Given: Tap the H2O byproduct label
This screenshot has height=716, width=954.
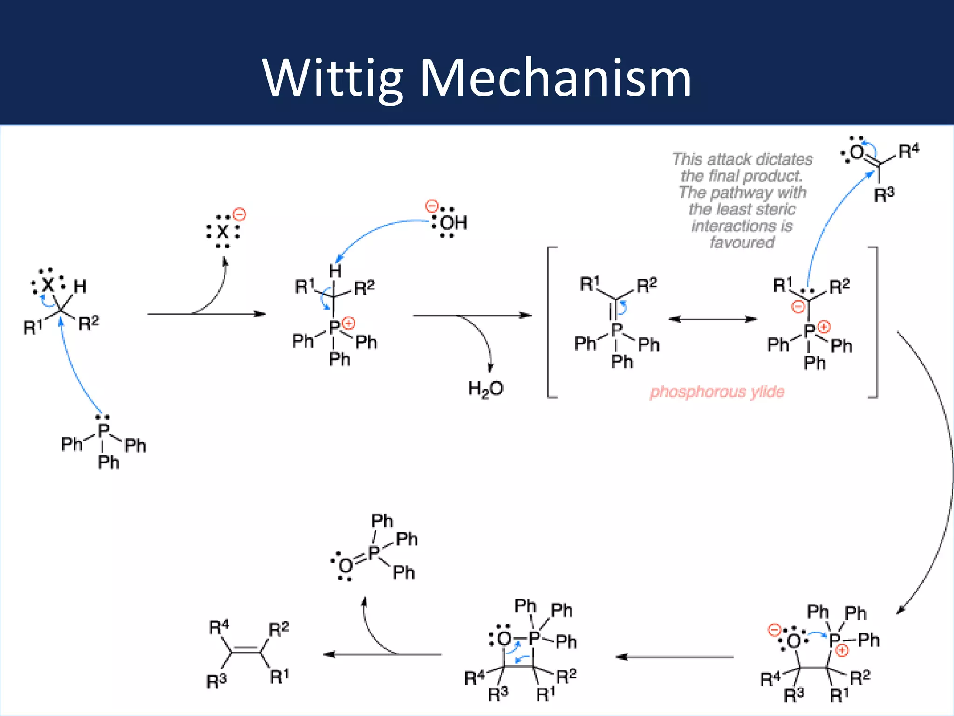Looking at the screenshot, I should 485,388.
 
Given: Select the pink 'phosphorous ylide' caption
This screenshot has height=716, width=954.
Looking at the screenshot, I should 717,392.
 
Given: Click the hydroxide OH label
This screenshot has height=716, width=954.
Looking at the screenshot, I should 453,223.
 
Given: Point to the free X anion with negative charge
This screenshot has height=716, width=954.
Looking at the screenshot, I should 223,231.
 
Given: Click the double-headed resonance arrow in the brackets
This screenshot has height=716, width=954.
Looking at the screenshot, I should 713,319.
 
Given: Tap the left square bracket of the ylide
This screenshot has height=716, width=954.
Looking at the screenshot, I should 550,322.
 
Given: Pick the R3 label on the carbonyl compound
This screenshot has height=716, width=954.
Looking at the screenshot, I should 884,194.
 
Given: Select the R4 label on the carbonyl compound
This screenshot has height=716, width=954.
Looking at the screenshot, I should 908,151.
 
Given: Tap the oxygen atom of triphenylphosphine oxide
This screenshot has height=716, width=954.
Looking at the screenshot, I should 346,566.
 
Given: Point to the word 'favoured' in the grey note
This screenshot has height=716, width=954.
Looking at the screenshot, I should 742,243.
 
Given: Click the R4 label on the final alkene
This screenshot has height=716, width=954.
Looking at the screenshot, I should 218,628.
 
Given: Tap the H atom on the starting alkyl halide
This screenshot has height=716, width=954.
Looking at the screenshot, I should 80,286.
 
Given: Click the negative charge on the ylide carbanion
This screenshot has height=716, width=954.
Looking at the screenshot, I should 798,307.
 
